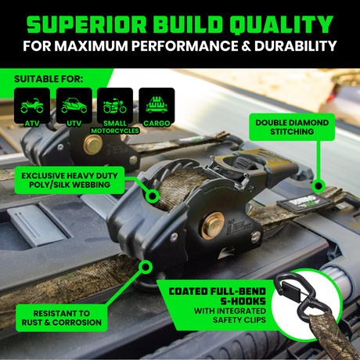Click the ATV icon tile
click(32, 106)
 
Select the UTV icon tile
click(74, 106)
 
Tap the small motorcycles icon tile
click(115, 106)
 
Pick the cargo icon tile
click(157, 106)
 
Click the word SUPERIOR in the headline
click(87, 25)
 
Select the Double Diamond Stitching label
click(292, 127)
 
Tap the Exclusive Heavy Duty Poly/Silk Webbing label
click(70, 180)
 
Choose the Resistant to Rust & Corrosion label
click(62, 318)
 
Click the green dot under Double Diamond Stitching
click(319, 186)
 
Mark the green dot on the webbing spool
click(153, 196)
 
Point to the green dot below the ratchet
click(146, 267)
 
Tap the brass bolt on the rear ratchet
click(92, 145)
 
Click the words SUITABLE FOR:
click(49, 79)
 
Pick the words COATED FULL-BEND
click(217, 291)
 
